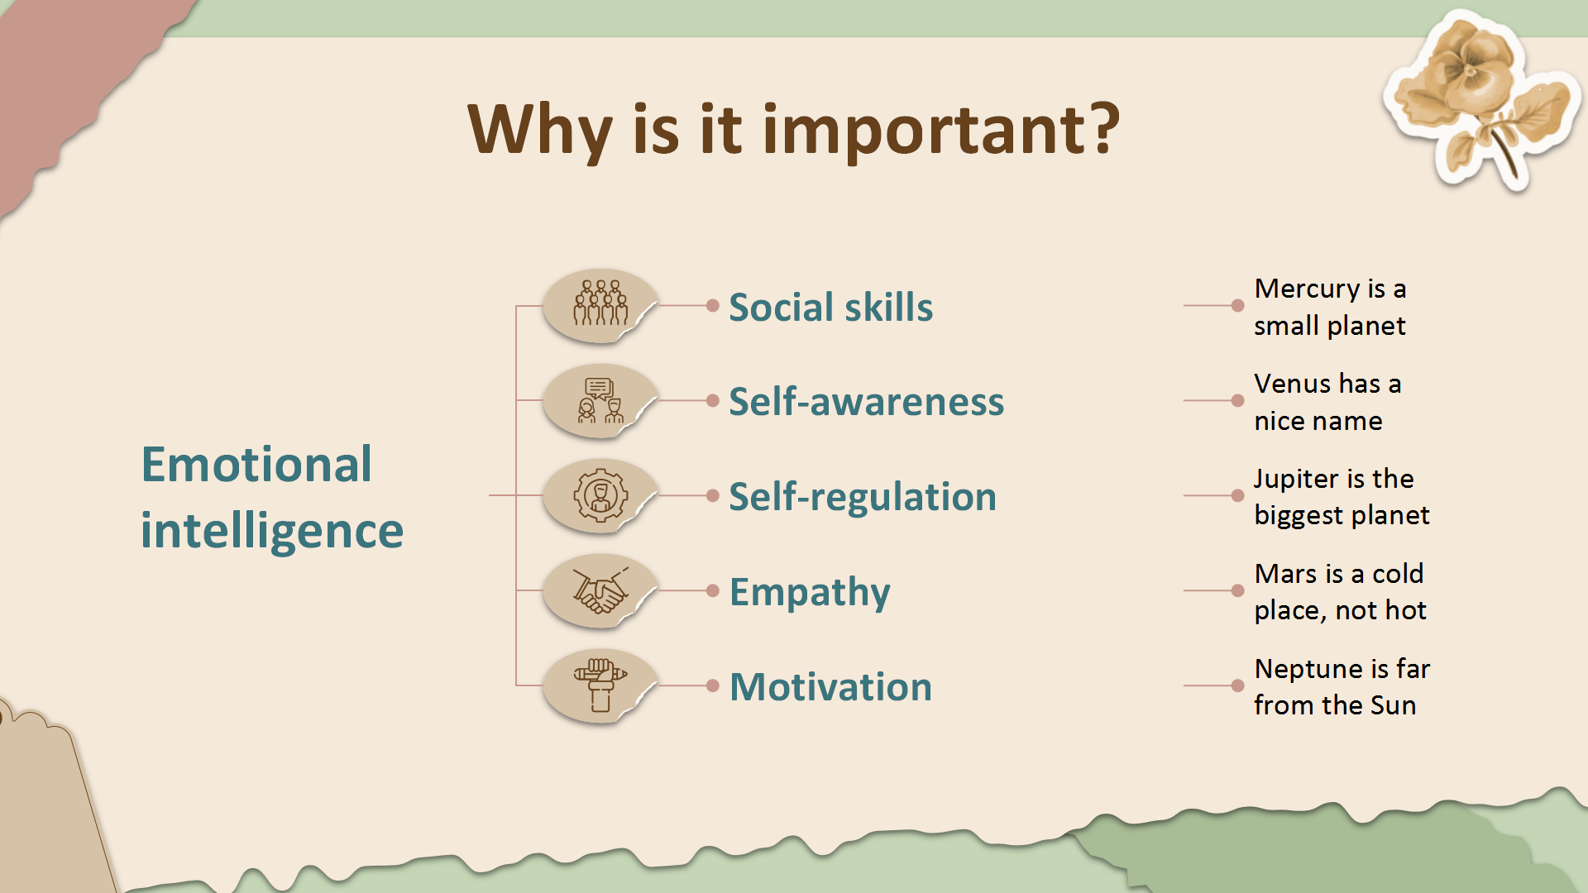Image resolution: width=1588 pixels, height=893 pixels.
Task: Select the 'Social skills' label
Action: coord(830,307)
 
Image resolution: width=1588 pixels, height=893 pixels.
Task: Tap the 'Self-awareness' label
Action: coord(866,401)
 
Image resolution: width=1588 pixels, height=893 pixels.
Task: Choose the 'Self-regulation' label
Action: coord(863,498)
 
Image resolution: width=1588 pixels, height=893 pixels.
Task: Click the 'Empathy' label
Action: coord(810,593)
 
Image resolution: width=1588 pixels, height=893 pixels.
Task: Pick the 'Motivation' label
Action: coord(830,686)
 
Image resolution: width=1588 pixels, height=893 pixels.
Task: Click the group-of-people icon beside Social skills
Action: coord(601,303)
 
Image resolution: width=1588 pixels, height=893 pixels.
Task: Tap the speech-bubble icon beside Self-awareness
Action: coord(601,400)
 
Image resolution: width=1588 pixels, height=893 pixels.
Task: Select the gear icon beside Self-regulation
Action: coord(601,495)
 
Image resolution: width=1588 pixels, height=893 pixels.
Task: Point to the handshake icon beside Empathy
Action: coord(601,590)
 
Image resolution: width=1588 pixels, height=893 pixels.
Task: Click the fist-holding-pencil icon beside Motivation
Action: coord(601,685)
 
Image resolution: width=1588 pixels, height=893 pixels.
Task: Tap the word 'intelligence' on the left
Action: coord(272,531)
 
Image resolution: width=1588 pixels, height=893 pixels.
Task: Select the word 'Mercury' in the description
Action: coord(1308,289)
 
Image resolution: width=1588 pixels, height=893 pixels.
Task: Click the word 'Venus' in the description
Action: coord(1293,384)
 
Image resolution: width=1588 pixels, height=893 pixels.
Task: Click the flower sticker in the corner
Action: coord(1482,99)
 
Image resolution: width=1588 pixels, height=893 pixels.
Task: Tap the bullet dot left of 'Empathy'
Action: coord(713,590)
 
